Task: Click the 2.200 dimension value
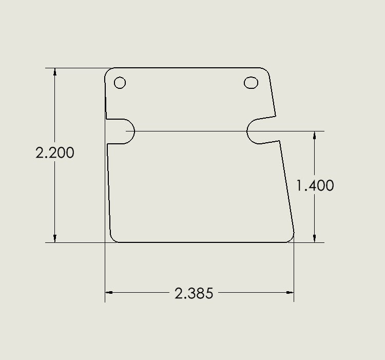[55, 153]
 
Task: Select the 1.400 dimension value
[315, 185]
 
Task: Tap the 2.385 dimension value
[194, 294]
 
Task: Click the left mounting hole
[120, 83]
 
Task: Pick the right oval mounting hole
[251, 82]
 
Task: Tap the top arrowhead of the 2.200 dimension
[55, 72]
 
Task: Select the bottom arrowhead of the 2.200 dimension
[55, 238]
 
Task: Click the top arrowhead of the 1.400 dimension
[315, 135]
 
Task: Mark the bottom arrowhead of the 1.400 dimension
[315, 238]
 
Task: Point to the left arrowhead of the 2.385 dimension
[109, 293]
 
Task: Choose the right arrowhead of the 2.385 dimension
[290, 293]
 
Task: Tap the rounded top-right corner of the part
[267, 70]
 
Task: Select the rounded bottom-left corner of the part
[113, 239]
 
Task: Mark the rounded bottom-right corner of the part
[290, 239]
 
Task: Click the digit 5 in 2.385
[209, 294]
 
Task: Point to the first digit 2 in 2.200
[41, 153]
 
